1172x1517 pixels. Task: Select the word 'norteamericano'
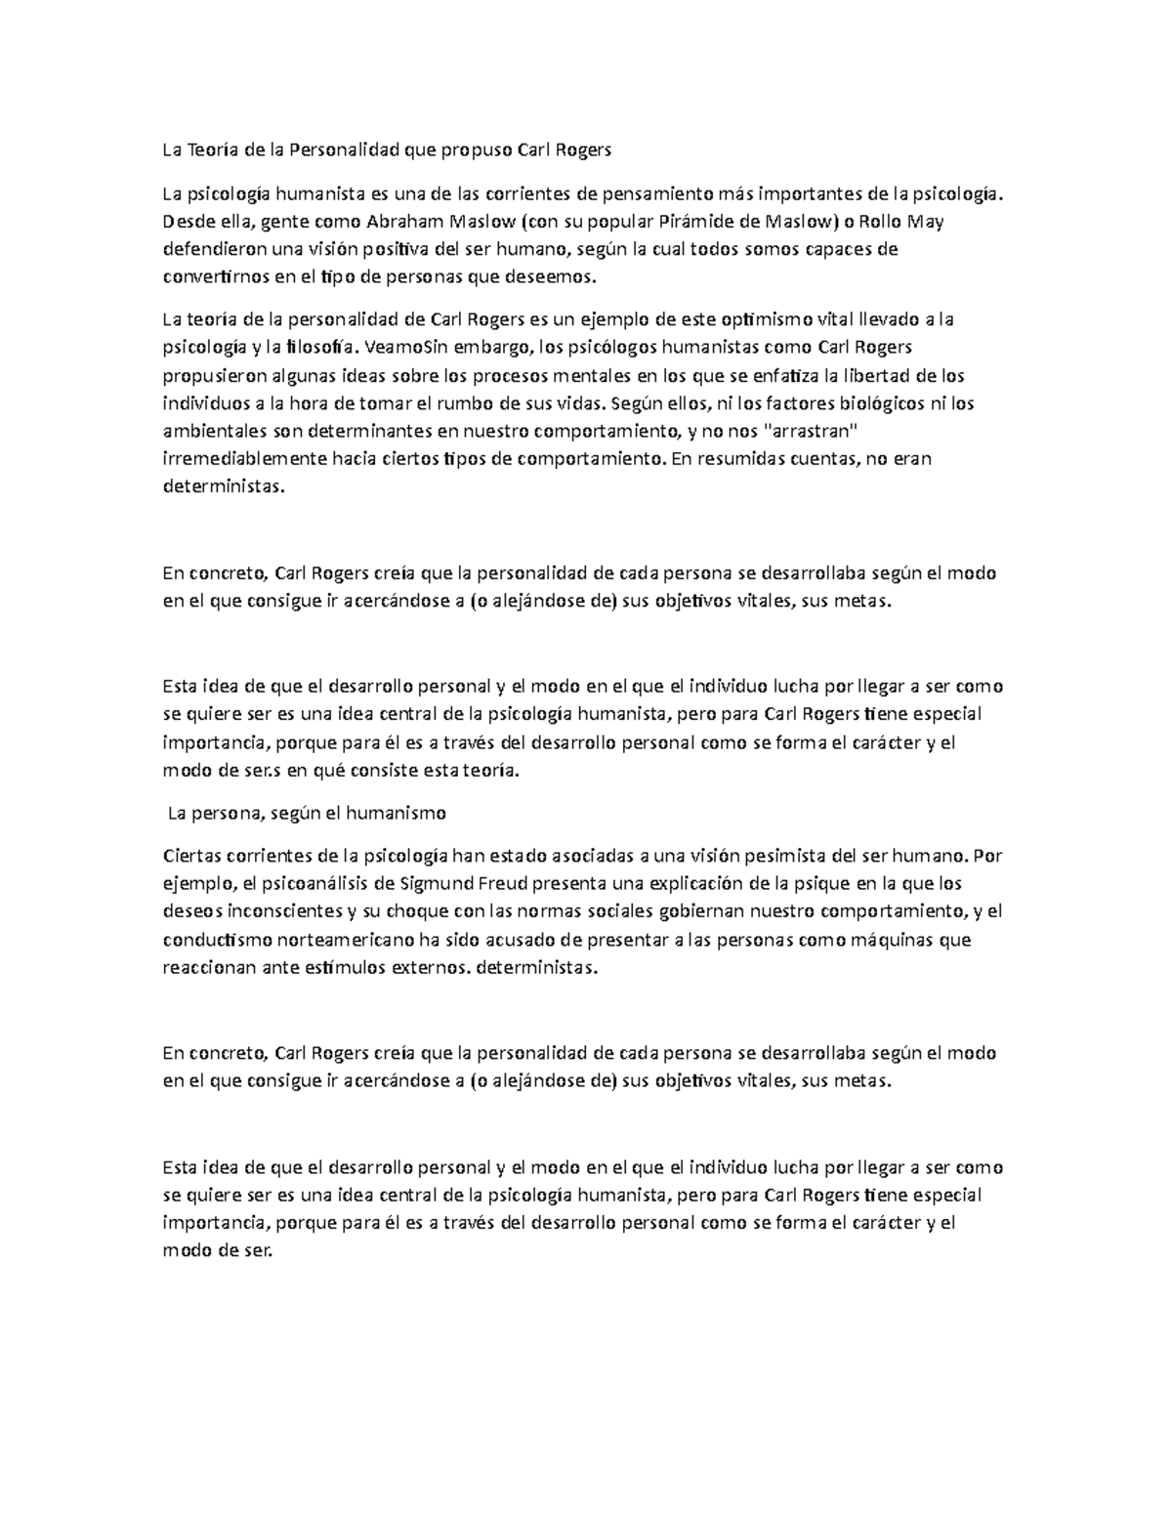tap(331, 942)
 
